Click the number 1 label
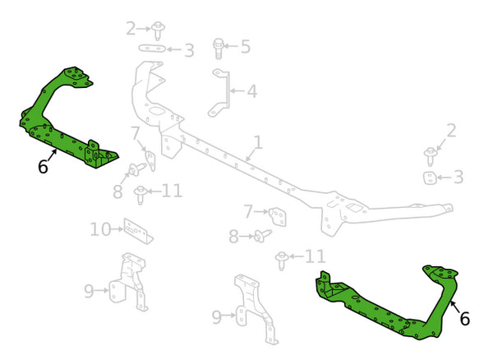click(257, 143)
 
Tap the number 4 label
click(251, 91)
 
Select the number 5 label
click(245, 45)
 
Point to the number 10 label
click(100, 229)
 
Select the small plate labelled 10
click(138, 231)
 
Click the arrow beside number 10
click(117, 229)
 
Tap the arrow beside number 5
click(231, 46)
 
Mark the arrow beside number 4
click(237, 91)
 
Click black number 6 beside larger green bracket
click(464, 319)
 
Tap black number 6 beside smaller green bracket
click(43, 167)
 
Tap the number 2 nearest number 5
click(131, 29)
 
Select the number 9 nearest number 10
click(89, 289)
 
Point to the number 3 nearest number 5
click(189, 51)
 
